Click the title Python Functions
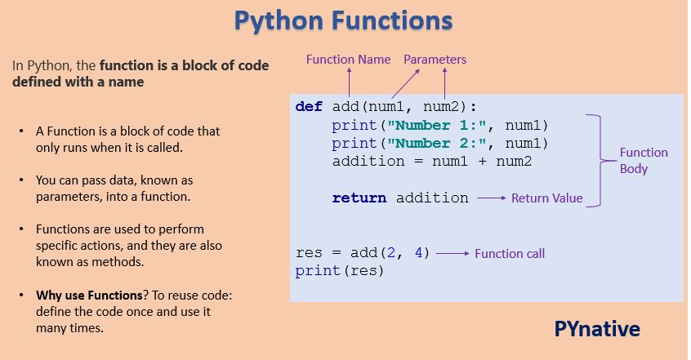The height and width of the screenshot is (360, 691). [x=344, y=20]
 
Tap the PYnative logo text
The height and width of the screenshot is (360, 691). [x=597, y=329]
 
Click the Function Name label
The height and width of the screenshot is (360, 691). [x=349, y=60]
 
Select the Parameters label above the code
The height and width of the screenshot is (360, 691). [x=435, y=60]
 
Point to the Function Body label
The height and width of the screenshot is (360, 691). [x=643, y=160]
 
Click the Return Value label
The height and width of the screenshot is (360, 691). [x=546, y=198]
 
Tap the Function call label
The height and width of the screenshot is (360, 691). [x=510, y=253]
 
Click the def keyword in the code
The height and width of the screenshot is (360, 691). [x=310, y=107]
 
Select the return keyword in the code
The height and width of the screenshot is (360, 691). [x=360, y=198]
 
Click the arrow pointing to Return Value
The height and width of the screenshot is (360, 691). [x=491, y=198]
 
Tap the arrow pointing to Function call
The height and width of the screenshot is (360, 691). [x=452, y=253]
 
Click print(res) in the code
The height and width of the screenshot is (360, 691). [x=339, y=271]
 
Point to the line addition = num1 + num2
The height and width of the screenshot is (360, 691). [x=431, y=161]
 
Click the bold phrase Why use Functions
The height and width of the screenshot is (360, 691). [x=78, y=296]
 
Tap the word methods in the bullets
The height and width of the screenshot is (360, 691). [x=121, y=262]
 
